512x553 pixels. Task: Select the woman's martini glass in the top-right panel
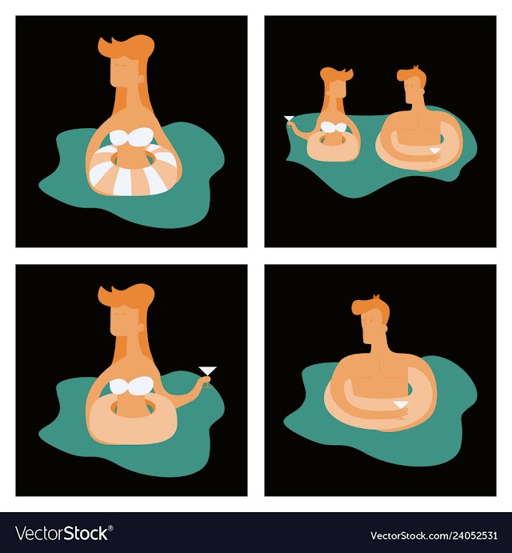coord(289,121)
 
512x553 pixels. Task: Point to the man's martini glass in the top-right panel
coord(434,154)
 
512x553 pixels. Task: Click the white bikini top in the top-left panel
coord(132,137)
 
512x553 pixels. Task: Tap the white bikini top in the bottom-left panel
coord(132,385)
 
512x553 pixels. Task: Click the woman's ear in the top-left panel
coord(142,78)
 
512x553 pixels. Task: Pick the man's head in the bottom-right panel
coord(371,321)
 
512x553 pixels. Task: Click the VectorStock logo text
coord(62,533)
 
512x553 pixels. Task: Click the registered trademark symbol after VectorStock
coord(110,528)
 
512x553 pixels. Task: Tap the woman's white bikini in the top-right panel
coord(333,127)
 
